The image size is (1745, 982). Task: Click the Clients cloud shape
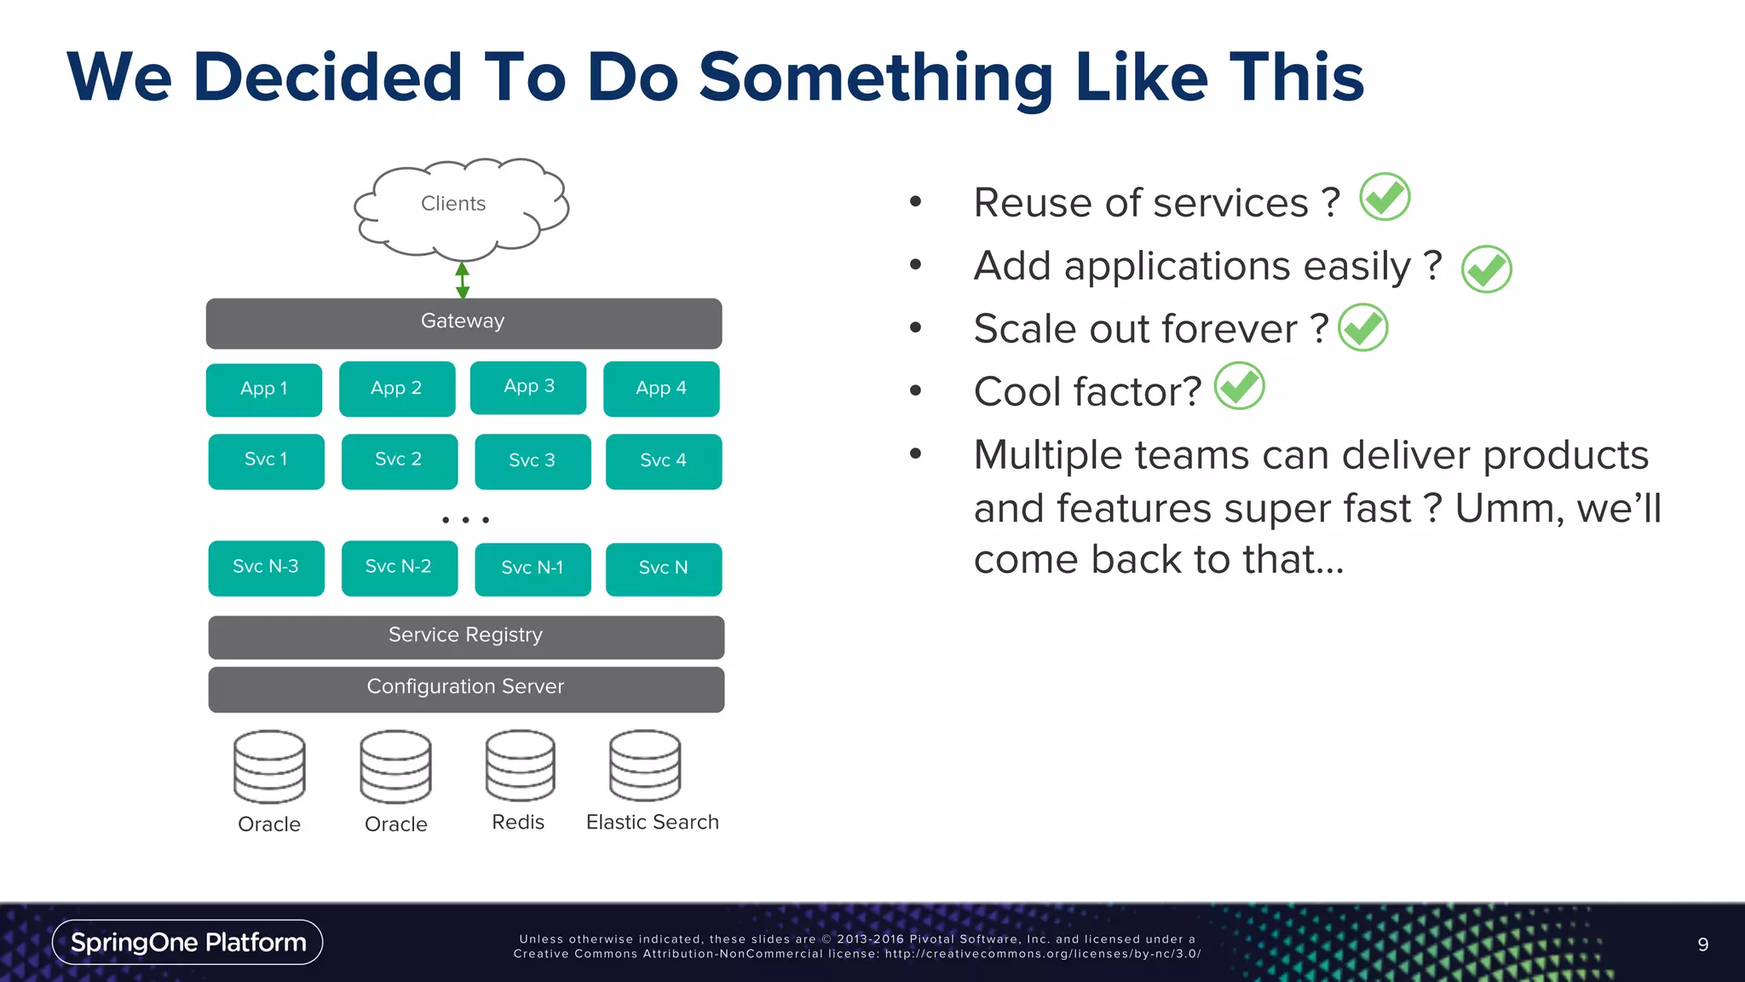[461, 207]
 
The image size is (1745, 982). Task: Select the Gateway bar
[464, 323]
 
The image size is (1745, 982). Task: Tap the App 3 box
[528, 388]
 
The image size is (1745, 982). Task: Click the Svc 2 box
[399, 461]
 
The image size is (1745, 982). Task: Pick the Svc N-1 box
[533, 569]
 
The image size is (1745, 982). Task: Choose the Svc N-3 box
[266, 568]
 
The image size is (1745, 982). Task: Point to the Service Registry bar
[466, 637]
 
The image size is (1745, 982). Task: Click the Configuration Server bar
[466, 689]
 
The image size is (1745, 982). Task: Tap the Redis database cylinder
[520, 765]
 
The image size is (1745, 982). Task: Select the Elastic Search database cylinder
[645, 765]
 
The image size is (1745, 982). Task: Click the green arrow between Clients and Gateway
[463, 280]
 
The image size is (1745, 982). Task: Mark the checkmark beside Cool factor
[1239, 386]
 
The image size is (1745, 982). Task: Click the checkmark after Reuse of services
[1385, 197]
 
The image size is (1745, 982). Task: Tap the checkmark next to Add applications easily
[1486, 269]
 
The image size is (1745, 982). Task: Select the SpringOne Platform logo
[187, 942]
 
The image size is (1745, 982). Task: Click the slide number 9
[1702, 944]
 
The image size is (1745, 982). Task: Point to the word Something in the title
[876, 78]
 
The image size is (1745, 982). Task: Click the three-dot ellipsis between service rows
[465, 519]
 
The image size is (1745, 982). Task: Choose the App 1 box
[264, 390]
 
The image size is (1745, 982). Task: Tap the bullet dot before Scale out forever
[915, 327]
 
